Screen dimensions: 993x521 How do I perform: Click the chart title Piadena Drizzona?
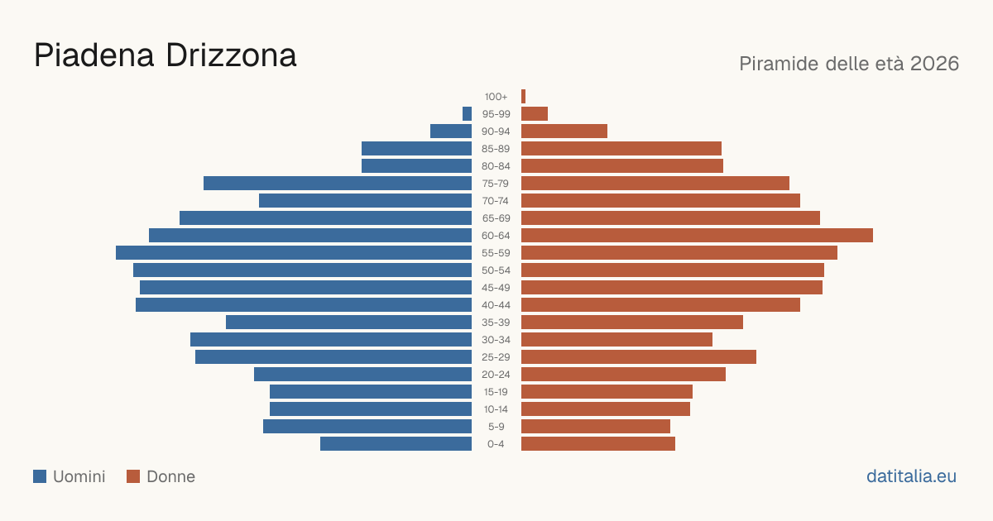click(x=165, y=56)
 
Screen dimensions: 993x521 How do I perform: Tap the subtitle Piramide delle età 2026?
click(x=849, y=64)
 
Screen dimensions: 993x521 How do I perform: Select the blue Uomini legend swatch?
click(x=40, y=476)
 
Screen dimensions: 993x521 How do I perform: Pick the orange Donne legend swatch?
click(x=133, y=476)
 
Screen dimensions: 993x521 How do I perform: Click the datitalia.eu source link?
click(x=911, y=476)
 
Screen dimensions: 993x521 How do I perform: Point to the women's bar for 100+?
click(x=523, y=97)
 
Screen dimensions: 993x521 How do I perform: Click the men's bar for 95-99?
click(x=467, y=114)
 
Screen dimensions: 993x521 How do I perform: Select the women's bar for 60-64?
click(x=697, y=235)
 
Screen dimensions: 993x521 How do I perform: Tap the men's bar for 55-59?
click(x=294, y=252)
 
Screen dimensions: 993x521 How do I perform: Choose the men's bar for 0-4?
click(x=396, y=444)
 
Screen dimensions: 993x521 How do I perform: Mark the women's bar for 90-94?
click(x=564, y=131)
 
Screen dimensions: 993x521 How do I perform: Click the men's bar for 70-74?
click(x=365, y=201)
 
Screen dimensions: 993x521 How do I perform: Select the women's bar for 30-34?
click(x=616, y=340)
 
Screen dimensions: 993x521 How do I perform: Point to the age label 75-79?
click(x=496, y=184)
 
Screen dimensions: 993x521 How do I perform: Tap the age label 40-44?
click(x=496, y=305)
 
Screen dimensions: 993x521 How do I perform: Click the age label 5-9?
click(x=496, y=427)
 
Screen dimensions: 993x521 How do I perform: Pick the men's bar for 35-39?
click(x=348, y=322)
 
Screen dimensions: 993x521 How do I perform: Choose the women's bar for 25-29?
click(x=639, y=357)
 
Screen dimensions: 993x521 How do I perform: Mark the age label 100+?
click(x=496, y=97)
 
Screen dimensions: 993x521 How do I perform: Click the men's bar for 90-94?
click(x=451, y=131)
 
